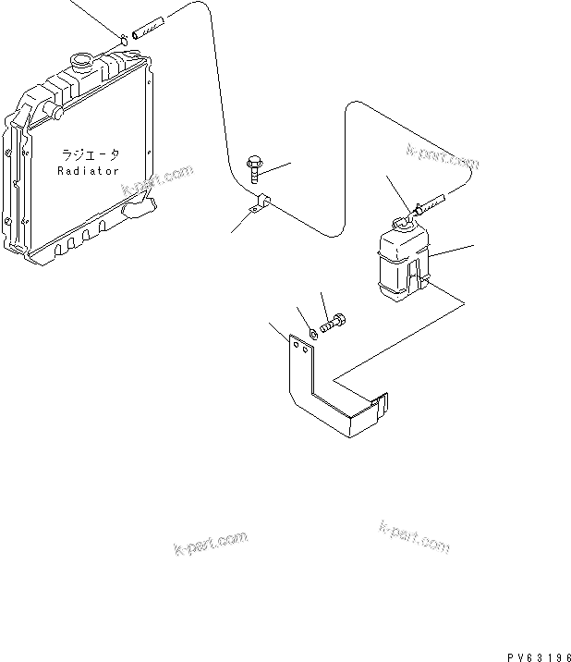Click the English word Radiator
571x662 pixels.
(89, 171)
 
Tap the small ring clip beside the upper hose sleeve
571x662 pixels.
(123, 38)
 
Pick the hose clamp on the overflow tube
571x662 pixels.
(261, 202)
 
